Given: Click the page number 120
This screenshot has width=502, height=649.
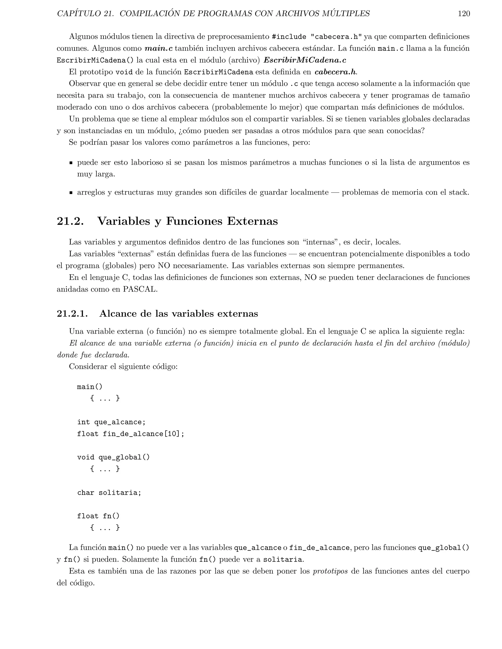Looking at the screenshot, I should [x=464, y=14].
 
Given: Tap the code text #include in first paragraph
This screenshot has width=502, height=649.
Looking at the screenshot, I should [x=289, y=37].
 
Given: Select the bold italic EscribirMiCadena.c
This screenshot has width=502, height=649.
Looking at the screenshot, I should [x=305, y=60].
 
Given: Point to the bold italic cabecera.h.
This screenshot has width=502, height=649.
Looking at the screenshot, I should [x=336, y=72].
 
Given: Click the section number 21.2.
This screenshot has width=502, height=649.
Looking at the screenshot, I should [x=70, y=221].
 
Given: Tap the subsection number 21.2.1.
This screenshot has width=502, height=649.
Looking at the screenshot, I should [x=72, y=313].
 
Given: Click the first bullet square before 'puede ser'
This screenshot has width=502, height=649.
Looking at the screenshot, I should [x=71, y=163].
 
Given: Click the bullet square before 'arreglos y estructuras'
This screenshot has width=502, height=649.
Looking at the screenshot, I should [x=71, y=192].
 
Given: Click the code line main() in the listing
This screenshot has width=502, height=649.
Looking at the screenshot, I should [x=89, y=387].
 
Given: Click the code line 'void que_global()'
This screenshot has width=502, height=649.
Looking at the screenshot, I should [x=113, y=457].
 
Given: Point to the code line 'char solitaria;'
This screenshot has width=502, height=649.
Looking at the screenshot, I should [x=109, y=493].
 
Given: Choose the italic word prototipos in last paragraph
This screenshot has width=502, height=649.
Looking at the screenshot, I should [x=330, y=571].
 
